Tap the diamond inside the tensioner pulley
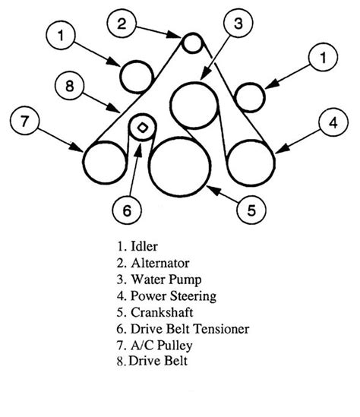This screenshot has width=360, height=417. click(142, 128)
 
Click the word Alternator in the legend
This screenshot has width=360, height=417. click(160, 264)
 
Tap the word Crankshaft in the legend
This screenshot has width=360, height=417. click(162, 312)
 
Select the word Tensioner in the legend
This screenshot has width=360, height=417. click(221, 329)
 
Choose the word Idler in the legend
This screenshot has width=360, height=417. click(144, 247)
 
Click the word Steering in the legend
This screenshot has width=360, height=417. click(194, 296)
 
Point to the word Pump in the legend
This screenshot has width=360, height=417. click(185, 280)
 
